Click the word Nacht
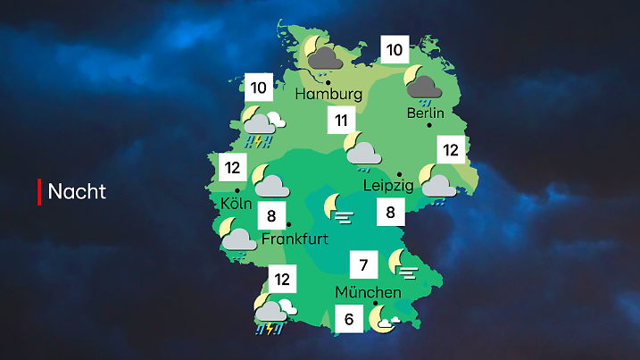pyautogui.click(x=77, y=191)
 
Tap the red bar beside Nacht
pyautogui.click(x=39, y=191)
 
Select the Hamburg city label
pyautogui.click(x=329, y=94)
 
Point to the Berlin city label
pyautogui.click(x=425, y=113)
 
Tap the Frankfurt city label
pyautogui.click(x=295, y=239)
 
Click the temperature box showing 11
pyautogui.click(x=341, y=121)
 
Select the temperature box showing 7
pyautogui.click(x=362, y=265)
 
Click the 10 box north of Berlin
pyautogui.click(x=394, y=49)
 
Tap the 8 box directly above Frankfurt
pyautogui.click(x=270, y=215)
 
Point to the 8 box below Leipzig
pyautogui.click(x=389, y=213)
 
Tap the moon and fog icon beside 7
pyautogui.click(x=403, y=264)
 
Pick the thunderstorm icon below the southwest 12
pyautogui.click(x=270, y=315)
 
